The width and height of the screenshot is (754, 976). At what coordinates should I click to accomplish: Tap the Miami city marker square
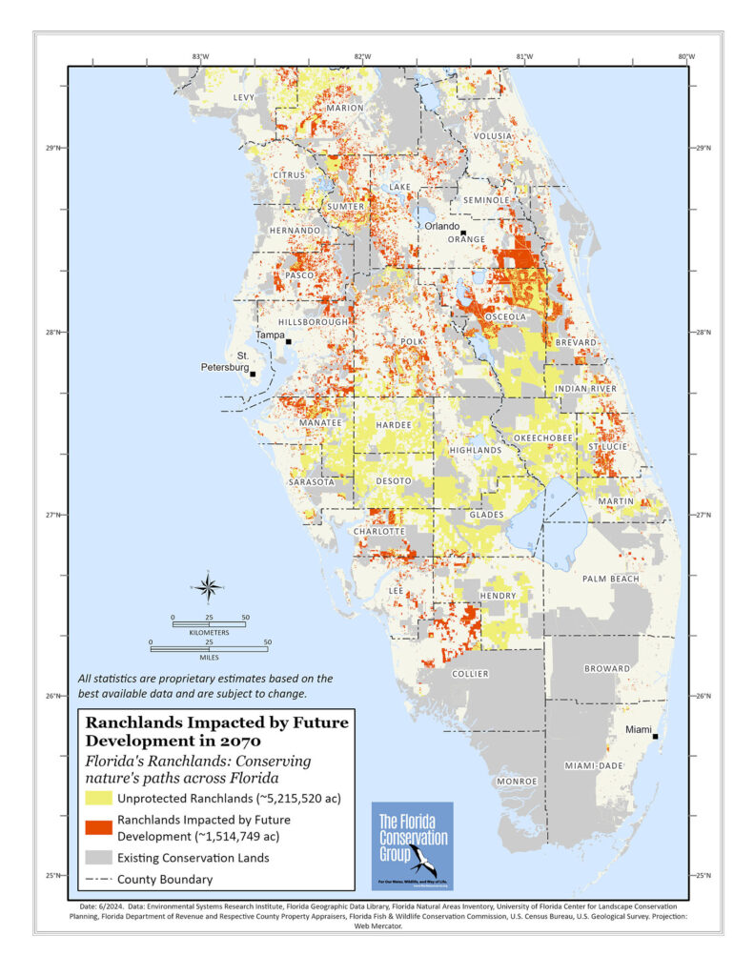[656, 736]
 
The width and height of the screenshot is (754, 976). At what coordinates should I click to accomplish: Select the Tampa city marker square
[288, 341]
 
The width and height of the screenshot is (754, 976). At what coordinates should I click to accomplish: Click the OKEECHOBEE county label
[543, 437]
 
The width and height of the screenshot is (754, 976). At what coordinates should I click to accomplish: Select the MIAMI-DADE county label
[592, 765]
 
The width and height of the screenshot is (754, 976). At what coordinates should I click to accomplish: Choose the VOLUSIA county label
[493, 136]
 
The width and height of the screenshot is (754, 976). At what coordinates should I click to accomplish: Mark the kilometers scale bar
[209, 624]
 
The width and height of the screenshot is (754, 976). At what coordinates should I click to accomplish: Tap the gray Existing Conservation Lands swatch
[97, 858]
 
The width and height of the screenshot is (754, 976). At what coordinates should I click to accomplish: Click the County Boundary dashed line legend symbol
[97, 880]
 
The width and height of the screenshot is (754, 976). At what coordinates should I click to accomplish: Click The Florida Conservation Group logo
[412, 845]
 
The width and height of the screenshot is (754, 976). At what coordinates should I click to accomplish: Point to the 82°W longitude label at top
[361, 56]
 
